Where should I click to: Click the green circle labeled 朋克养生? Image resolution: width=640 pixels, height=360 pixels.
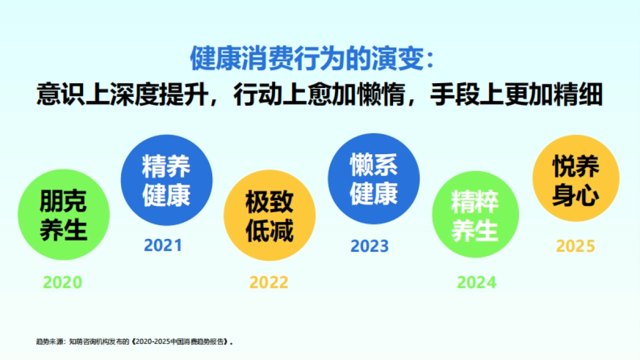pos(64,215)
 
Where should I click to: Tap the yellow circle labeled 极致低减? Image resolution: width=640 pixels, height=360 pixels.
pos(269,215)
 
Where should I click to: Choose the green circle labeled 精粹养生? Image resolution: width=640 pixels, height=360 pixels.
pos(475,215)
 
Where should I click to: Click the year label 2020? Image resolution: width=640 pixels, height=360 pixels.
pos(63,282)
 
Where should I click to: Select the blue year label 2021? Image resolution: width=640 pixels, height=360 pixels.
pos(163,245)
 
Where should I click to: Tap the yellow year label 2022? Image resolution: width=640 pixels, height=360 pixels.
pos(269,282)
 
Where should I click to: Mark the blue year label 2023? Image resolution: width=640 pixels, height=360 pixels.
pos(370,246)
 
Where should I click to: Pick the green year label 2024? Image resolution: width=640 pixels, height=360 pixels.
pos(476,282)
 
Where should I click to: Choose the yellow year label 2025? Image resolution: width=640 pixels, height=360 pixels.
pos(575,246)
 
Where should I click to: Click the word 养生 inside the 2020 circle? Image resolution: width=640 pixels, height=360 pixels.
pos(64,231)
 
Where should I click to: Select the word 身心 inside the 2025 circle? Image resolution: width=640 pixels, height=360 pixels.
pos(576,195)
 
